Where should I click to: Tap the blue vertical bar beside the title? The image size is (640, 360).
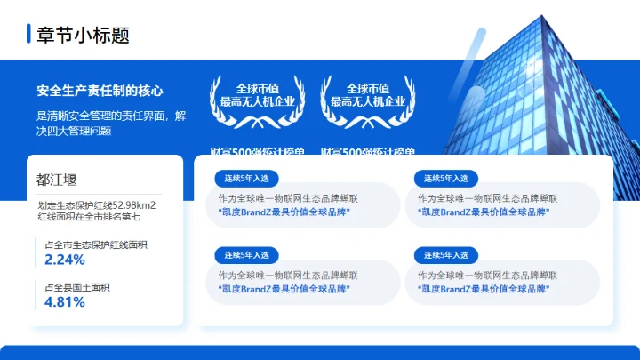click(x=29, y=35)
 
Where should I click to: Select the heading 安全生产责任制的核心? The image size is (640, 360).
click(x=100, y=91)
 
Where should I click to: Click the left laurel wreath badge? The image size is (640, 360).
click(x=259, y=98)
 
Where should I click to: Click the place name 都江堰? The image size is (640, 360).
click(x=57, y=180)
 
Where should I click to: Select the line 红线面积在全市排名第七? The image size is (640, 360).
click(x=88, y=216)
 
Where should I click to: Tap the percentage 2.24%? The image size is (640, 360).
click(x=65, y=260)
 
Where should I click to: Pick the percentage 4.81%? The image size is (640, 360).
click(x=65, y=301)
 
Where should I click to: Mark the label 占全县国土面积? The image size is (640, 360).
click(x=76, y=286)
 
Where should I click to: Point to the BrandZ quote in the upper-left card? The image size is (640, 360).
click(x=284, y=212)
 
